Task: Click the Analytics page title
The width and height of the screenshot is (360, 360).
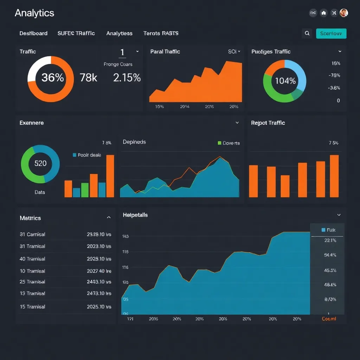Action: [34, 13]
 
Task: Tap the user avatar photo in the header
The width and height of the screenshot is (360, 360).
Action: [344, 13]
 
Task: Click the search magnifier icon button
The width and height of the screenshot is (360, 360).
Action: [307, 33]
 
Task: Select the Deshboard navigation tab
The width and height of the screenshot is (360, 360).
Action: [33, 33]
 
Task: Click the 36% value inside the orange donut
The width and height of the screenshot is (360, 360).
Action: [52, 77]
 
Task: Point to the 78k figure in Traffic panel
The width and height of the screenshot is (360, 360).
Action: [88, 77]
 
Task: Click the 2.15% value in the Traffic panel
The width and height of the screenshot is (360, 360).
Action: [127, 77]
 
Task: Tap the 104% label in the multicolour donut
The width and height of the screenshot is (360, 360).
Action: [285, 81]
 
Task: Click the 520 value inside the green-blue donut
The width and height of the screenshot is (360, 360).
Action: [40, 163]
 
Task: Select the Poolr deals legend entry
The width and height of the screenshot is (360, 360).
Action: [87, 155]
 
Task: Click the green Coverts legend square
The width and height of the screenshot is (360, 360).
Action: [220, 143]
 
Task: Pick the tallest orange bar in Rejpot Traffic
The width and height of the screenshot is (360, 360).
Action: [334, 176]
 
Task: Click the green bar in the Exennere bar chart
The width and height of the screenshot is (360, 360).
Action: [85, 190]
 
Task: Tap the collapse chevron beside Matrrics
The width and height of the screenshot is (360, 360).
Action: [109, 218]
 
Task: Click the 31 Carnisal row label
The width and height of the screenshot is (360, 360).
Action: [32, 234]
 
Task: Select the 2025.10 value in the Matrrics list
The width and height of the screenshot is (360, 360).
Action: [99, 307]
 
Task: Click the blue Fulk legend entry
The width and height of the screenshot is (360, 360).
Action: [328, 230]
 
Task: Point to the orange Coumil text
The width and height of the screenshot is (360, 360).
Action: [329, 319]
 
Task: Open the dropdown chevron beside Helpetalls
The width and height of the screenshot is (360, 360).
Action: [339, 215]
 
